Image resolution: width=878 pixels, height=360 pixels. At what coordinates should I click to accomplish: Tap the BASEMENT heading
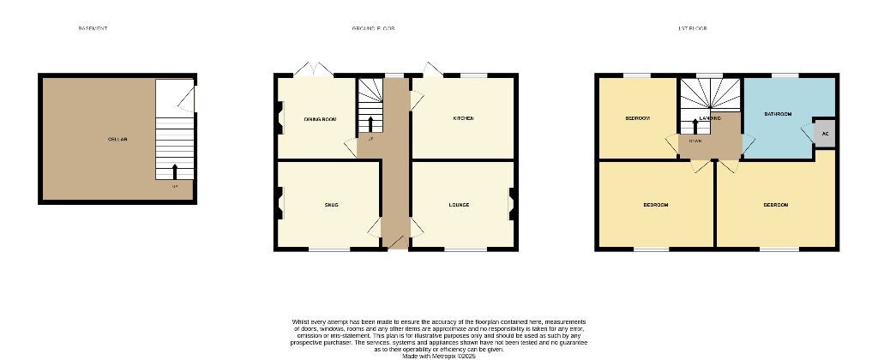click(93, 28)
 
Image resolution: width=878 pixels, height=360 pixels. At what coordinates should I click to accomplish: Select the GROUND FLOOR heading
click(373, 28)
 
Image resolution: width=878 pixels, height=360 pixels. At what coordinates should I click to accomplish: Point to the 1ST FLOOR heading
click(692, 28)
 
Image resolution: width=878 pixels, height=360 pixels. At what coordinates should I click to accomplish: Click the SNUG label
click(331, 205)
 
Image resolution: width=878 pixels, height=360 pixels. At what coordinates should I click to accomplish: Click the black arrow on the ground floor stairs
click(370, 123)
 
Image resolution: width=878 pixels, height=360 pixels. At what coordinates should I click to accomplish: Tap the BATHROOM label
click(778, 114)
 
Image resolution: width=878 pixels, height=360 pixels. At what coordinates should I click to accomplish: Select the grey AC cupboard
click(825, 134)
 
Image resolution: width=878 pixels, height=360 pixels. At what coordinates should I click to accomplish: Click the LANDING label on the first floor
click(709, 117)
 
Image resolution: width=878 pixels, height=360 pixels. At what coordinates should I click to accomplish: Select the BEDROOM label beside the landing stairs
click(638, 118)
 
